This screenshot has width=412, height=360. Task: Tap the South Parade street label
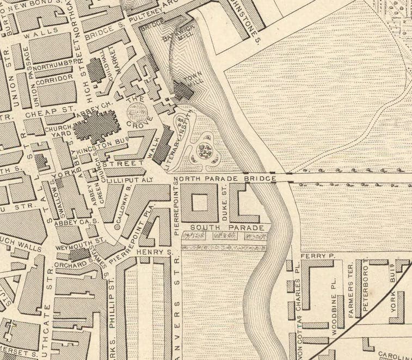(x=227, y=227)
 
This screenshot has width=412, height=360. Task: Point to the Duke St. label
(x=223, y=199)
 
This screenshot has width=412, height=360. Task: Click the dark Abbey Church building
(x=97, y=129)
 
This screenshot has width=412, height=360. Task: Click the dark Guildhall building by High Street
(x=96, y=70)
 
